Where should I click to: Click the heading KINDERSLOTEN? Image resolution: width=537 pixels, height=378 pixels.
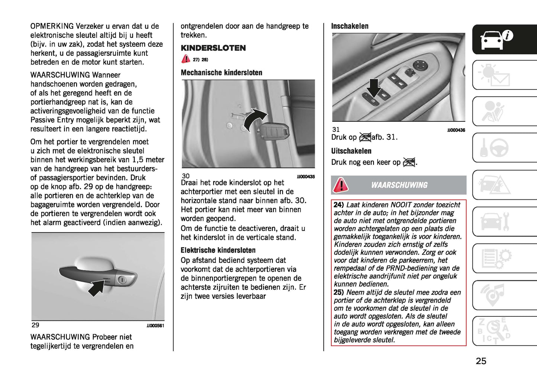click(213, 48)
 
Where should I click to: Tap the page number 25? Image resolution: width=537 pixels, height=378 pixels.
click(481, 361)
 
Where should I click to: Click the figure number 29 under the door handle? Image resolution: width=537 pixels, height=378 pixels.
click(35, 325)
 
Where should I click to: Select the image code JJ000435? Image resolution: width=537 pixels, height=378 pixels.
click(305, 177)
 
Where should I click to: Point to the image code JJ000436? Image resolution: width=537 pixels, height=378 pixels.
click(456, 130)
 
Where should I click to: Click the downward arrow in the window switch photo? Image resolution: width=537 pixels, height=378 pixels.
click(373, 88)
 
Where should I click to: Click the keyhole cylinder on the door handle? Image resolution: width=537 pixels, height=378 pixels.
click(122, 279)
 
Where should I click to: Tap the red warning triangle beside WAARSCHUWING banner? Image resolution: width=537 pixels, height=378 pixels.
click(340, 185)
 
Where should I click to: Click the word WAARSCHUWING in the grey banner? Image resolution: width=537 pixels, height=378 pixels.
click(399, 185)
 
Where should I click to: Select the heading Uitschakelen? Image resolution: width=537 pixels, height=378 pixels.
click(351, 151)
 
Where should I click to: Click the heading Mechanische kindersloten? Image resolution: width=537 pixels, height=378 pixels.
click(221, 73)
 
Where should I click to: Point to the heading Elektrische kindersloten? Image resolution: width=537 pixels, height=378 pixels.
click(218, 250)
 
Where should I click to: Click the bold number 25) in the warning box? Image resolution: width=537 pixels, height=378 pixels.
click(339, 293)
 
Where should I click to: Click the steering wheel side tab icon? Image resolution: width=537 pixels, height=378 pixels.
click(498, 148)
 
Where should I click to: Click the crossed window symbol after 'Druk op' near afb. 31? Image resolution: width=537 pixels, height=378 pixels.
click(365, 137)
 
